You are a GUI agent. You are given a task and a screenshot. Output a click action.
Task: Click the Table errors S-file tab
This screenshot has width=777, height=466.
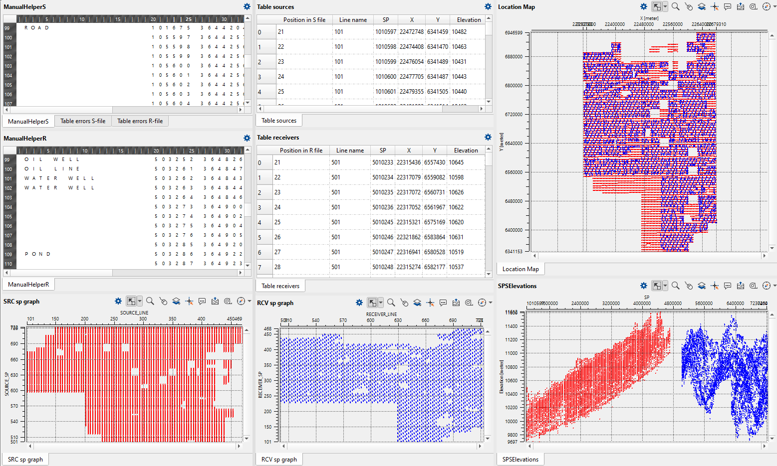83,121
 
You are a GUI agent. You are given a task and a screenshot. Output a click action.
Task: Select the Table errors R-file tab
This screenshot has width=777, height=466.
140,121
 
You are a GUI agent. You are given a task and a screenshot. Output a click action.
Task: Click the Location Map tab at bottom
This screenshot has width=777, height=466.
520,269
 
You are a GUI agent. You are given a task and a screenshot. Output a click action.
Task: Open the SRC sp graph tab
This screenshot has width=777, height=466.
25,460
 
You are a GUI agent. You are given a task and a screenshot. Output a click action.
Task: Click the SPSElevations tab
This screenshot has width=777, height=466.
520,460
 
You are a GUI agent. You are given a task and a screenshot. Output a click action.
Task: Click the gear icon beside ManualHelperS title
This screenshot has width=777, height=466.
247,7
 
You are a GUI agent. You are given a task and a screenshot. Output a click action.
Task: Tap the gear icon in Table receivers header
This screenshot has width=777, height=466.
488,138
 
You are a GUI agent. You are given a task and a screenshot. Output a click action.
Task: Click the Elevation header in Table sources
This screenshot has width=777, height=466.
469,20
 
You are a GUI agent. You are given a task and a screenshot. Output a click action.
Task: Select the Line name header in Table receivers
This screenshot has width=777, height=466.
350,151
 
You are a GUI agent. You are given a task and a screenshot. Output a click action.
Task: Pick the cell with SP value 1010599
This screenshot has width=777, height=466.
386,62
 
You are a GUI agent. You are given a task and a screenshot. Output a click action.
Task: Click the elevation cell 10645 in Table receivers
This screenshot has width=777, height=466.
456,162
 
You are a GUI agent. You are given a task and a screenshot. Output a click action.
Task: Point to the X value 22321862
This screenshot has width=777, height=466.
408,237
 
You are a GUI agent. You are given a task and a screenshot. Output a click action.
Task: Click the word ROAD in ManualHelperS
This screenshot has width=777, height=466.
37,28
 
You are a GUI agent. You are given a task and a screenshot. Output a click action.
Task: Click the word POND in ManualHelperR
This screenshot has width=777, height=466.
38,254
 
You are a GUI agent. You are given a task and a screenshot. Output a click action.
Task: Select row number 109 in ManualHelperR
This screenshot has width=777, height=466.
8,254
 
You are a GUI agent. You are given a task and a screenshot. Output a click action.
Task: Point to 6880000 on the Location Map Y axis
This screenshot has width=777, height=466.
514,57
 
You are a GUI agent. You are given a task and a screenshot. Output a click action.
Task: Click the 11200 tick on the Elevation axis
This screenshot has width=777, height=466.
512,340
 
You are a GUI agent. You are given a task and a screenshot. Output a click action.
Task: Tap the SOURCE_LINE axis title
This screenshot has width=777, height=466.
134,313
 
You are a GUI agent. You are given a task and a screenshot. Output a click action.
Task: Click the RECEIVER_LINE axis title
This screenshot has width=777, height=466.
381,314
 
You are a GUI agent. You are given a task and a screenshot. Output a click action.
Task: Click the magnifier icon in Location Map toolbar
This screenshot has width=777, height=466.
675,7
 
